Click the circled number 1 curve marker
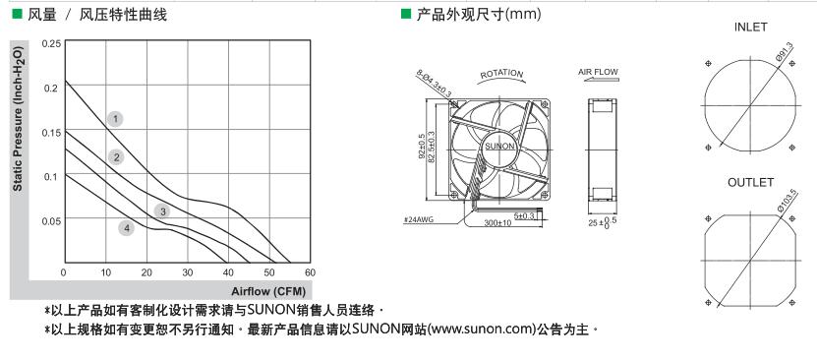pos(116,119)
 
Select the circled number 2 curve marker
pos(116,156)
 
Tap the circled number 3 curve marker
pos(162,211)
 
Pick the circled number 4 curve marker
pos(126,227)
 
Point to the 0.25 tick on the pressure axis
pos(50,43)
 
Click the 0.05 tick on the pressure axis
pos(50,221)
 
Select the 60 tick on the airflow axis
pos(310,272)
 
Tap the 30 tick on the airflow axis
pos(188,272)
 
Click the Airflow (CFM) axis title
pos(268,291)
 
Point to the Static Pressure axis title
pos(18,120)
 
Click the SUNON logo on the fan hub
pos(499,147)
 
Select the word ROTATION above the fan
pos(501,75)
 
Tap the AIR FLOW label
pos(598,72)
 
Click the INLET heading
pos(751,28)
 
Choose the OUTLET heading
pos(751,183)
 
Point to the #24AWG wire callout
pos(419,220)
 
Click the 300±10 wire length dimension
pos(496,223)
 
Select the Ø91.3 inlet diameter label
pos(784,53)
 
